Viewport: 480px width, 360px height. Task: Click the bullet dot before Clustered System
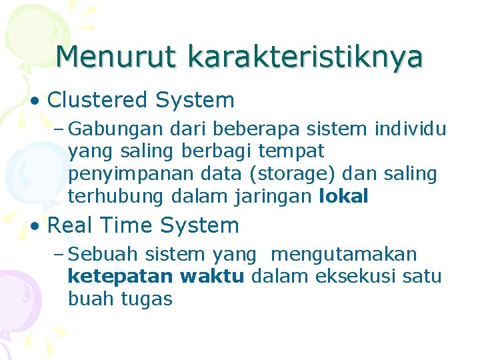tap(34, 101)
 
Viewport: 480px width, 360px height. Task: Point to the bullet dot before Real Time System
tap(34, 227)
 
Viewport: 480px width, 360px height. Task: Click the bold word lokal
tap(344, 197)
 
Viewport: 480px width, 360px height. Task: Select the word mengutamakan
tap(344, 255)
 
